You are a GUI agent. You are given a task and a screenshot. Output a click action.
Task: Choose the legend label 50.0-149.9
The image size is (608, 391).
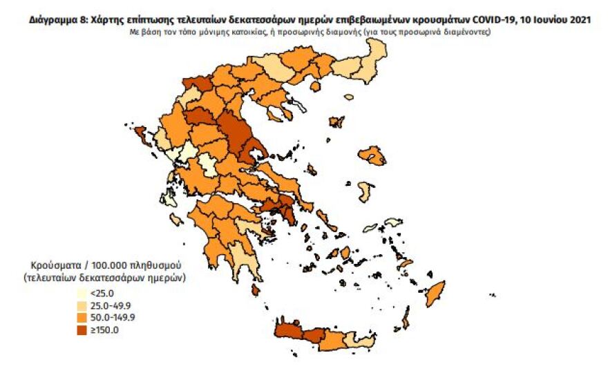115,318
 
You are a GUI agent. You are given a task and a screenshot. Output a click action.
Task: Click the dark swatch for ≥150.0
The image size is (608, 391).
82,331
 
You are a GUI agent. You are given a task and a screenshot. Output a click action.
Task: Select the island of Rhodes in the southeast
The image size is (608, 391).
435,293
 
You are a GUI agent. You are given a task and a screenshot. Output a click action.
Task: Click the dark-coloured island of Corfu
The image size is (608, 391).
140,133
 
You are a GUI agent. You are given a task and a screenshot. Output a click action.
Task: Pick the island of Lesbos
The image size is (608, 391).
374,158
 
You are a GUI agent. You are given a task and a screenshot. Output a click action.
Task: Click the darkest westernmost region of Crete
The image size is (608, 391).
289,334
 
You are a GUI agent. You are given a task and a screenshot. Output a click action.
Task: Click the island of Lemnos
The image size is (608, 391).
336,122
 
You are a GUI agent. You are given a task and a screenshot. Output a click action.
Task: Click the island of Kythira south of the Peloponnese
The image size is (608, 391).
256,290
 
